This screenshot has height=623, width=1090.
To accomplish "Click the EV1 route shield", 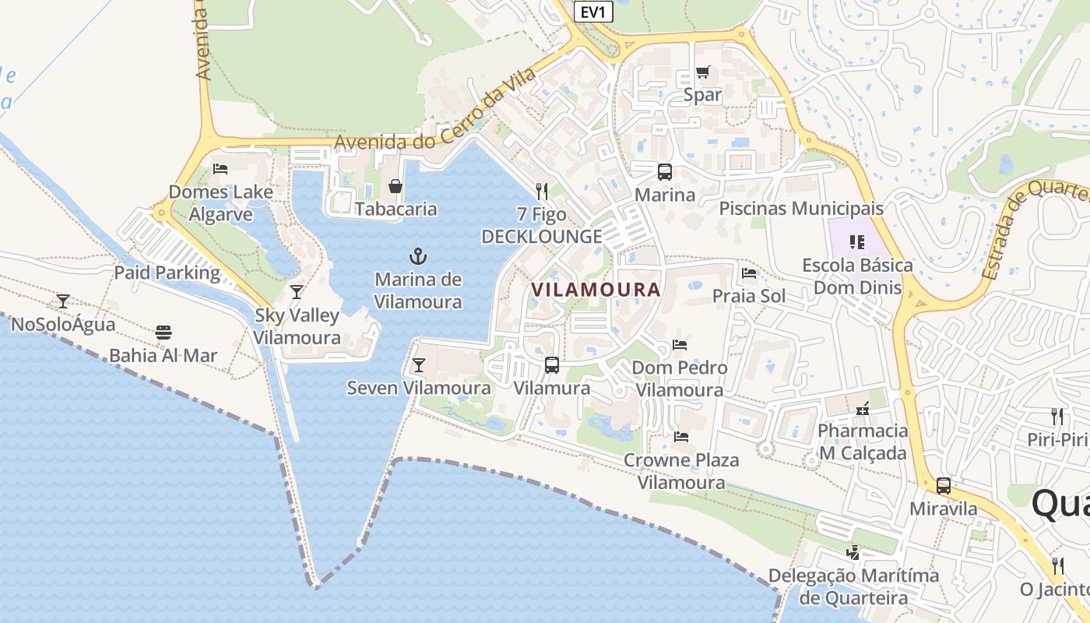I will [x=593, y=12].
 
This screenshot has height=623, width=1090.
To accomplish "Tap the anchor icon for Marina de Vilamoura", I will [x=419, y=255].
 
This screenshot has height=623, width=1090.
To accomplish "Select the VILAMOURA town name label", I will [x=596, y=290].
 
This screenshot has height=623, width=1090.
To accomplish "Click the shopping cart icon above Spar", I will [x=702, y=72].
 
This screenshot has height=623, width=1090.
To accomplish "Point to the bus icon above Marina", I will [x=665, y=172].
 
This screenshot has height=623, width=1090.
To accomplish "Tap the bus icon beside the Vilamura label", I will [x=552, y=364].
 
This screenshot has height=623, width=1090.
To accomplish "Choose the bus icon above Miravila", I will [x=944, y=486].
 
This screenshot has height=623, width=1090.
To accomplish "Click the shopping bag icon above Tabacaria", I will [x=396, y=186].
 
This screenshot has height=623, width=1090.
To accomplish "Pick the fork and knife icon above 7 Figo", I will [x=542, y=191].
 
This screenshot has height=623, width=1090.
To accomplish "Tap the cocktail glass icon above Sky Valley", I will [x=297, y=292].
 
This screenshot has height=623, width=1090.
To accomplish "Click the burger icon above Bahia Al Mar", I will [x=163, y=333].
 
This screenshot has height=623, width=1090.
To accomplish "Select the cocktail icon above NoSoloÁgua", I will [x=63, y=301].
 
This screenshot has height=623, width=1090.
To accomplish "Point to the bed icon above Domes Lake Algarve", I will [x=220, y=168].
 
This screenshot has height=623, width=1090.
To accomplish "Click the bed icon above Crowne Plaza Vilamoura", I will [x=681, y=437].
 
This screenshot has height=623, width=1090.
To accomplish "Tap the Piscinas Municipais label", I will [x=801, y=209].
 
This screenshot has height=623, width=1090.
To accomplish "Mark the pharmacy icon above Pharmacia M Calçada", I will [x=863, y=408].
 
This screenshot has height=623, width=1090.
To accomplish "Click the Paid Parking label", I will [x=167, y=273].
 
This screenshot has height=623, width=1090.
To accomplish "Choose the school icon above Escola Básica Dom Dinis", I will [x=857, y=242].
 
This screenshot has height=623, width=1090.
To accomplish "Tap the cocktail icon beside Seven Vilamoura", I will [x=419, y=364].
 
